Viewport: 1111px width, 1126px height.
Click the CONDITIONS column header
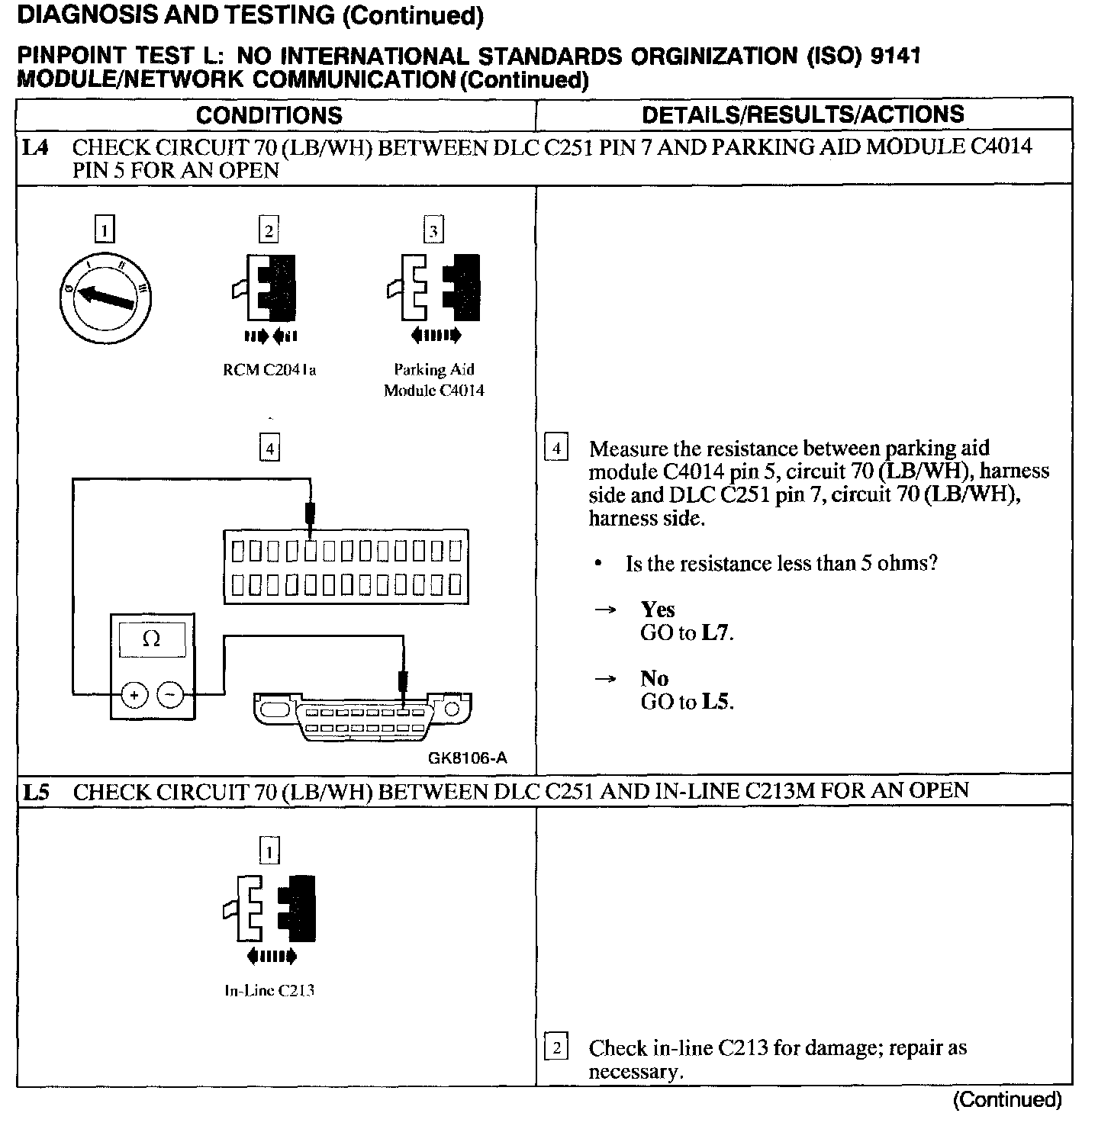tap(269, 115)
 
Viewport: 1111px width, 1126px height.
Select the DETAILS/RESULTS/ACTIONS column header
tap(803, 114)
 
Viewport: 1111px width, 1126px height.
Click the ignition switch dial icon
tap(105, 298)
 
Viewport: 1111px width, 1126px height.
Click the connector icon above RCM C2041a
tap(268, 288)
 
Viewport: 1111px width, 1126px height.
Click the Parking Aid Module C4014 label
tap(433, 380)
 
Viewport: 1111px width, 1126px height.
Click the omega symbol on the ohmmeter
tap(152, 639)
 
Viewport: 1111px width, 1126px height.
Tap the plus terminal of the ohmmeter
tap(134, 695)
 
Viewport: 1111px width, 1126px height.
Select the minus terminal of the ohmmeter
tap(170, 695)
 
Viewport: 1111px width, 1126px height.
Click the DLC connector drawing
tap(363, 716)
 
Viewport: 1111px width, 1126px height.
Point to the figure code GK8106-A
tap(467, 758)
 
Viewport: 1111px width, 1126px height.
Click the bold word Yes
tap(658, 609)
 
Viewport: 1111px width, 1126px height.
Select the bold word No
tap(654, 678)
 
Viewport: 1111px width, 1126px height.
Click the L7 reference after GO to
tap(716, 632)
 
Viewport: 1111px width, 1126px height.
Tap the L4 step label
tap(35, 147)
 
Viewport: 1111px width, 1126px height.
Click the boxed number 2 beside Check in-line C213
tap(555, 1048)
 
